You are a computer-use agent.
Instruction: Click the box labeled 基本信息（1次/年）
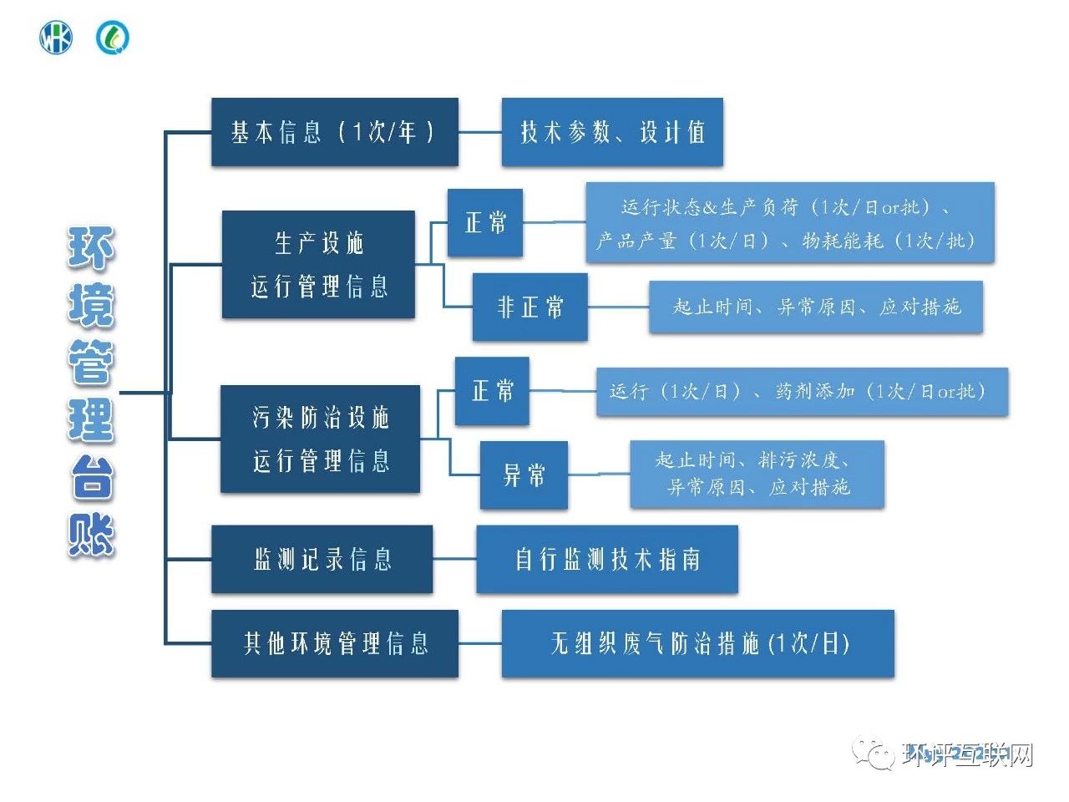point(334,132)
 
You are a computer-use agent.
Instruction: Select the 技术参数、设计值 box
point(612,132)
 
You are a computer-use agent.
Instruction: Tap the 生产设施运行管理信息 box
point(318,264)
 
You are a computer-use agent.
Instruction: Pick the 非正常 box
point(529,307)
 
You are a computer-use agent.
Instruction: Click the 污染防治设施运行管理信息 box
point(320,439)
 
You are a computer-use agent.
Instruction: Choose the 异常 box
point(524,475)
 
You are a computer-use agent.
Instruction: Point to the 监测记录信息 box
point(322,559)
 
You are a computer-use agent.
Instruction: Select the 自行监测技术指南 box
point(607,559)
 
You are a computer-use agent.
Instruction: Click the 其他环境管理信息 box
point(335,643)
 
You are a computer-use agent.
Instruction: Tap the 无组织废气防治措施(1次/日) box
point(698,643)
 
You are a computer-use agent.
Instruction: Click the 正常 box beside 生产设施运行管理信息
point(485,222)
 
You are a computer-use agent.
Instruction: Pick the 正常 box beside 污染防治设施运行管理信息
point(492,391)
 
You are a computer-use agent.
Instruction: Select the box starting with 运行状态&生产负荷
point(790,223)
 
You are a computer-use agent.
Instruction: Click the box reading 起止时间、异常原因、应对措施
point(816,307)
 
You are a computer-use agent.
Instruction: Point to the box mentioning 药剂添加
point(802,391)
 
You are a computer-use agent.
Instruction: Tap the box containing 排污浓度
point(757,474)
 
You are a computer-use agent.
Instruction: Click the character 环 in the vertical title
point(91,248)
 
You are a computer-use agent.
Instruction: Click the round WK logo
point(56,38)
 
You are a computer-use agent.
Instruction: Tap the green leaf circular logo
point(113,38)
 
